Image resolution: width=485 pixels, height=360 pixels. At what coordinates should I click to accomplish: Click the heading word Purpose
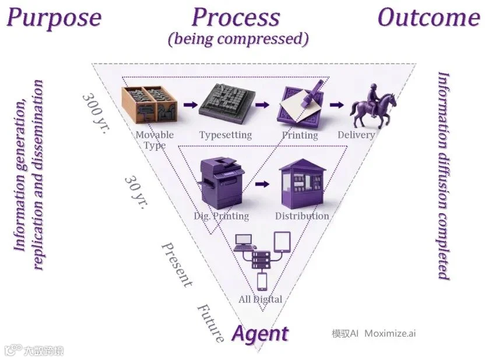54,18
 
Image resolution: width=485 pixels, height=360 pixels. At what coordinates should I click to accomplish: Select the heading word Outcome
429,17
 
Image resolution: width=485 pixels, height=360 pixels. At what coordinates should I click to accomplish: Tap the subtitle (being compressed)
238,39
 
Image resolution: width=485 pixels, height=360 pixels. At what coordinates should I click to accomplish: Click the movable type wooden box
149,105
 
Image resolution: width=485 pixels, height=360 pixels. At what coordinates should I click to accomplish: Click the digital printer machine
221,183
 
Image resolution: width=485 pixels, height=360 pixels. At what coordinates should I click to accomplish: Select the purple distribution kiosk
302,184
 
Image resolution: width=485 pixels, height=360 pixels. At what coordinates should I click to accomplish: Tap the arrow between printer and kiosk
262,184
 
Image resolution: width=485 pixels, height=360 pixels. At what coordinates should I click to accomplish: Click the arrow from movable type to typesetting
191,104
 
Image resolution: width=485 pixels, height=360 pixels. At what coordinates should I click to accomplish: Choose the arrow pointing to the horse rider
336,105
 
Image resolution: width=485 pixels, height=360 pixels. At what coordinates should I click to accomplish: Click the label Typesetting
226,135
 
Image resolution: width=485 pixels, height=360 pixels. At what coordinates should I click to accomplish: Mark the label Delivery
356,135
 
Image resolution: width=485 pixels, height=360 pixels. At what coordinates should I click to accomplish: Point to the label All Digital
261,299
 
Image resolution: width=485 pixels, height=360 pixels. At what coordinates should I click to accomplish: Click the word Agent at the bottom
261,334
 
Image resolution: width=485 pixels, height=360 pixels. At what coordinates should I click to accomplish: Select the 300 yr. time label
96,113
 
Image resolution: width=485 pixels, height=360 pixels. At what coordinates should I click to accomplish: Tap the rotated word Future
210,323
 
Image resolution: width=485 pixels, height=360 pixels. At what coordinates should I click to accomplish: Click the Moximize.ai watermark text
390,333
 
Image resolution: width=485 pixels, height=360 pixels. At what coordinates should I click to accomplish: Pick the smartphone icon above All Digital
262,281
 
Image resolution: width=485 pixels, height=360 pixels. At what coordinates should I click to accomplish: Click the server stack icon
261,260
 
